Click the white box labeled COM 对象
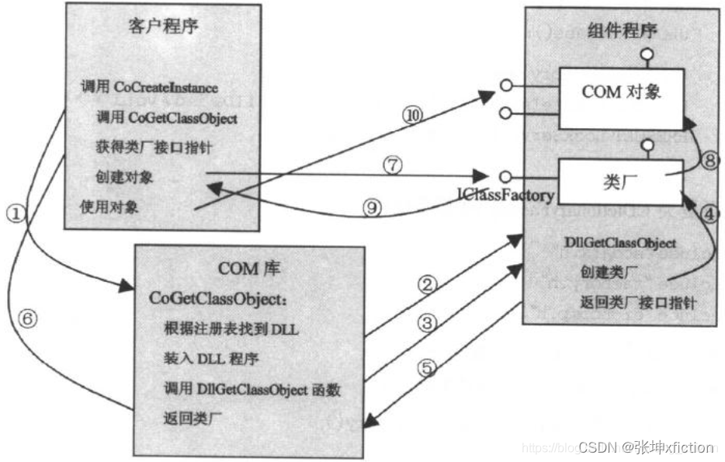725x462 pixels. click(x=621, y=93)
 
